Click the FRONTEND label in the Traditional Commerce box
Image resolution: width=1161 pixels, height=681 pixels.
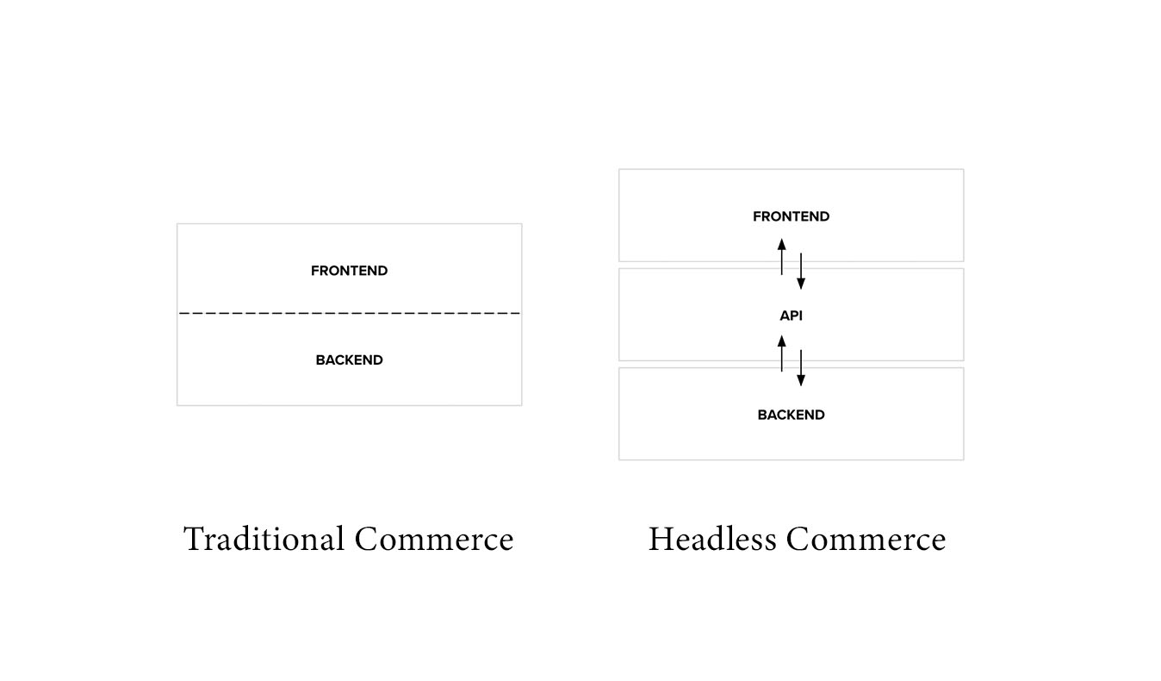pos(350,271)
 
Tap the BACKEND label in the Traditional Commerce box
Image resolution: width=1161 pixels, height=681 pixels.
pos(350,360)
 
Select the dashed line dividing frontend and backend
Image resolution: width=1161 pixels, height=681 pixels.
pos(350,313)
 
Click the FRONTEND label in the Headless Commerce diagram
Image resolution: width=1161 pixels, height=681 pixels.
pos(791,216)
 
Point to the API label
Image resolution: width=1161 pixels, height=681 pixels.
pos(791,316)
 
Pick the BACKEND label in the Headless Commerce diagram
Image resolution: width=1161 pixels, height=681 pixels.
pos(791,415)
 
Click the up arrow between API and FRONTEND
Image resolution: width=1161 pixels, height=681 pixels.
pos(781,256)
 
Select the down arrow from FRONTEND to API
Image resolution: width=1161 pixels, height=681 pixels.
pos(801,272)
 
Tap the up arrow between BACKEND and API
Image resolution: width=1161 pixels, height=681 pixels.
pos(781,353)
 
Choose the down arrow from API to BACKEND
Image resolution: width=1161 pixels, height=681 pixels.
pos(801,368)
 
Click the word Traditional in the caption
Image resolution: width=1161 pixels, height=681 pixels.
pos(264,539)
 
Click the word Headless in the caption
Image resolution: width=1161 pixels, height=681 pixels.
pos(712,539)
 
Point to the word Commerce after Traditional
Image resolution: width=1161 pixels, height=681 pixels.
pos(434,540)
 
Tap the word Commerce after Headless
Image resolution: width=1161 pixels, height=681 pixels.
pos(866,540)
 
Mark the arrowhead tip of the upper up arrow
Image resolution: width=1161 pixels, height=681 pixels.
pos(781,239)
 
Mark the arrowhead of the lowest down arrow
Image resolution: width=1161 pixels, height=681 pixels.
pos(801,380)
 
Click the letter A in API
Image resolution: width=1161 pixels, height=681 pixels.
pos(785,316)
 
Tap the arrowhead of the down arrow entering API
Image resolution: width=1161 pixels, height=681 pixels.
pos(801,284)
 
